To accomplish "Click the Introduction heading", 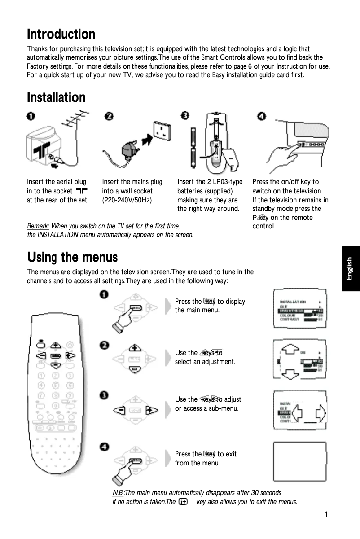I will pos(61,34).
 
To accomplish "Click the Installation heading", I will pos(56,97).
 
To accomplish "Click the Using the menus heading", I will pos(72,258).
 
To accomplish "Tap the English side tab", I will pos(351,268).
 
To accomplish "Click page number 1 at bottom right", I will pos(327,514).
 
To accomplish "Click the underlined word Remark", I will pos(38,226).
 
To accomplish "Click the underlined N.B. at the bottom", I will pos(118,493).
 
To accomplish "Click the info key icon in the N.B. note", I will pos(183,501).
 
